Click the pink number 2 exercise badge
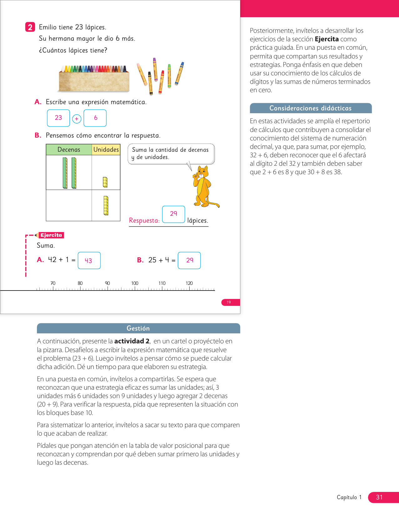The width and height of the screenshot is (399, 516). click(30, 27)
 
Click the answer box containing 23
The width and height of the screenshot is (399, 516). click(59, 118)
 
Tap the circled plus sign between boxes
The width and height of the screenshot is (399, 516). click(77, 119)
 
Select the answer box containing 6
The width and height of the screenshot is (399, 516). click(95, 118)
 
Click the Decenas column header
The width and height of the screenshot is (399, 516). click(69, 149)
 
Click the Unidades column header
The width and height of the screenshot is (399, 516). click(106, 149)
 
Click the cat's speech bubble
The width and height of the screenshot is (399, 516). click(171, 154)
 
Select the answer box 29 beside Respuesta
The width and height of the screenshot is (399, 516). click(174, 214)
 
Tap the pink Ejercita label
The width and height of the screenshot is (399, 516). click(51, 235)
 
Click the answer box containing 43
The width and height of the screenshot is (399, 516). click(89, 260)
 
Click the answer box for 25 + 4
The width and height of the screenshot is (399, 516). click(189, 260)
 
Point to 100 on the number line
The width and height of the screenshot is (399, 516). click(135, 283)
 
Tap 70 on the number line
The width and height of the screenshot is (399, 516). click(53, 283)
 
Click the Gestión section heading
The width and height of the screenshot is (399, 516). click(138, 328)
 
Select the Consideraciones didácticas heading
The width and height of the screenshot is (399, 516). click(310, 108)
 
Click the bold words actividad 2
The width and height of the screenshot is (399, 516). click(132, 341)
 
